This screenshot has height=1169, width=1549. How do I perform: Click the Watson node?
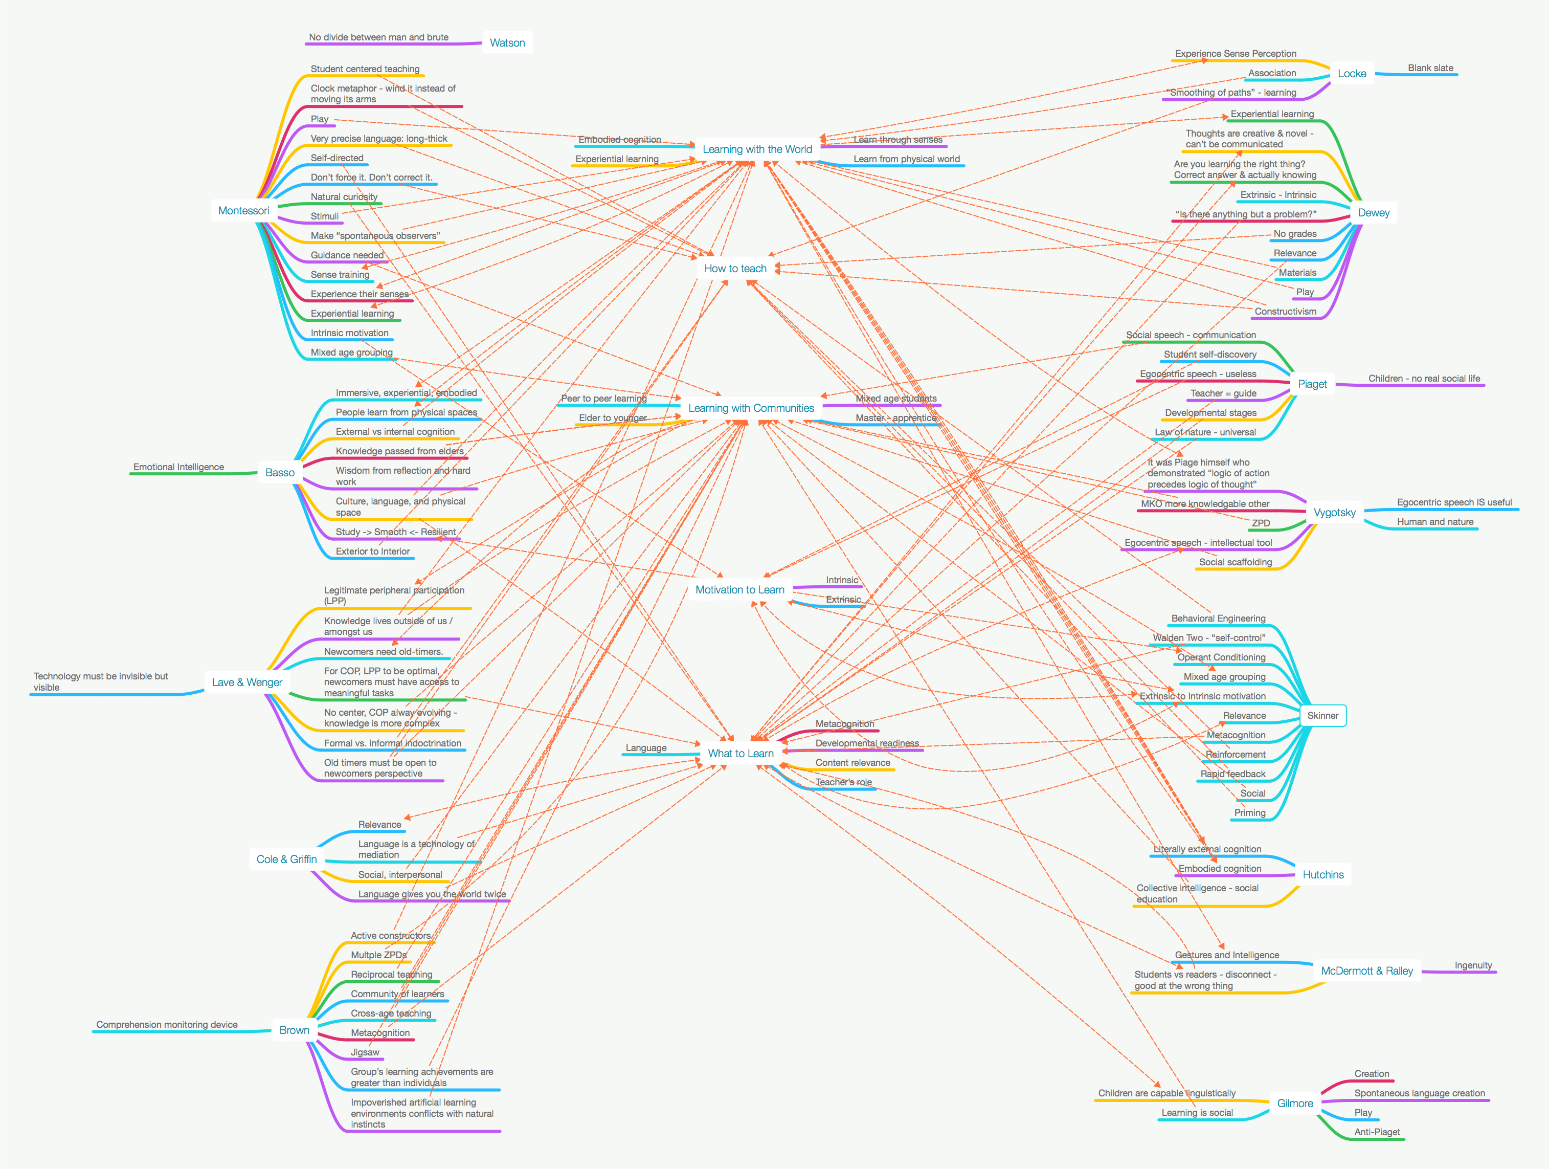coord(507,43)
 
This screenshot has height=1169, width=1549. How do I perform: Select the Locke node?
coord(1352,74)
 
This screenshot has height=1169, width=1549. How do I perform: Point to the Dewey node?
coord(1373,213)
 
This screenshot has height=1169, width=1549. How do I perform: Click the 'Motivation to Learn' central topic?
coord(739,590)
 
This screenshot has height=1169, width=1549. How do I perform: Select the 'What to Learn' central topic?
coord(740,754)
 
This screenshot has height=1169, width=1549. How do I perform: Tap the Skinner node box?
coord(1322,716)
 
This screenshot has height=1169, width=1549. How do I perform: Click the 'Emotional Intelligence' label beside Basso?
coord(178,467)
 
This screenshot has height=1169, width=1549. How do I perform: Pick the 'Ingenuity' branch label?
coord(1473,965)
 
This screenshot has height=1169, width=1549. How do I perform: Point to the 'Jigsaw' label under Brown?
coord(365,1052)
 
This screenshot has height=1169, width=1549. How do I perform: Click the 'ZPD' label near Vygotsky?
coord(1261,523)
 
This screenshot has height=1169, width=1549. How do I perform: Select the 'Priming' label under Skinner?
coord(1249,812)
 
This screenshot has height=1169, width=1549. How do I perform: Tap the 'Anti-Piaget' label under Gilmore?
coord(1377,1132)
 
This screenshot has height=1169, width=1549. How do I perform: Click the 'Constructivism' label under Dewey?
coord(1285,312)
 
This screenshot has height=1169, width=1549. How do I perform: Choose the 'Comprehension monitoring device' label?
coord(167,1025)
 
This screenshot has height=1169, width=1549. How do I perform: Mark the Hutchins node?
coord(1323,875)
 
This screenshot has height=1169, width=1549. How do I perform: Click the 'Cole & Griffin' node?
coord(286,859)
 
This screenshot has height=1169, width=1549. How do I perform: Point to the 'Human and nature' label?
coord(1435,522)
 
